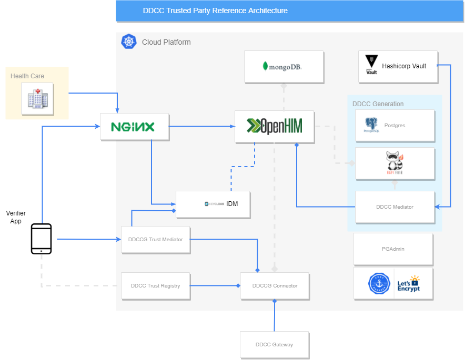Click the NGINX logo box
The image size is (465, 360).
point(134,127)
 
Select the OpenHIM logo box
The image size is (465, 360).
point(275,126)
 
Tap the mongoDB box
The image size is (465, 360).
point(284,66)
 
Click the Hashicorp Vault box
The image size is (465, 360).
point(398,67)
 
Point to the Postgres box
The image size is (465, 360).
point(395,126)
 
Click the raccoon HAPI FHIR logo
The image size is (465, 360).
point(395,163)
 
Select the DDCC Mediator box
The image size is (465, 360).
point(395,207)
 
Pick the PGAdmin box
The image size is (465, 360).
point(393,249)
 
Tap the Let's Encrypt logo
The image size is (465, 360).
point(408,284)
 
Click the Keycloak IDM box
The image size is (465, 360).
point(213,204)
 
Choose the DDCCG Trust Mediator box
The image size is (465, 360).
point(155,240)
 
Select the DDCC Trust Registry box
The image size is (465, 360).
point(155,286)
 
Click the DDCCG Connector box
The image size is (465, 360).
point(275,286)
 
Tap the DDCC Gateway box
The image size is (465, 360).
point(274,345)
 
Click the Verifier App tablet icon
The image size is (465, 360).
point(42,239)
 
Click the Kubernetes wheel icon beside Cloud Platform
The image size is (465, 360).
point(128,42)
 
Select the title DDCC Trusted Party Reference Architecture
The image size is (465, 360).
point(215,11)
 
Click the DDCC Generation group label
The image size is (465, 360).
point(378,104)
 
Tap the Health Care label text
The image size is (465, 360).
point(27,76)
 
